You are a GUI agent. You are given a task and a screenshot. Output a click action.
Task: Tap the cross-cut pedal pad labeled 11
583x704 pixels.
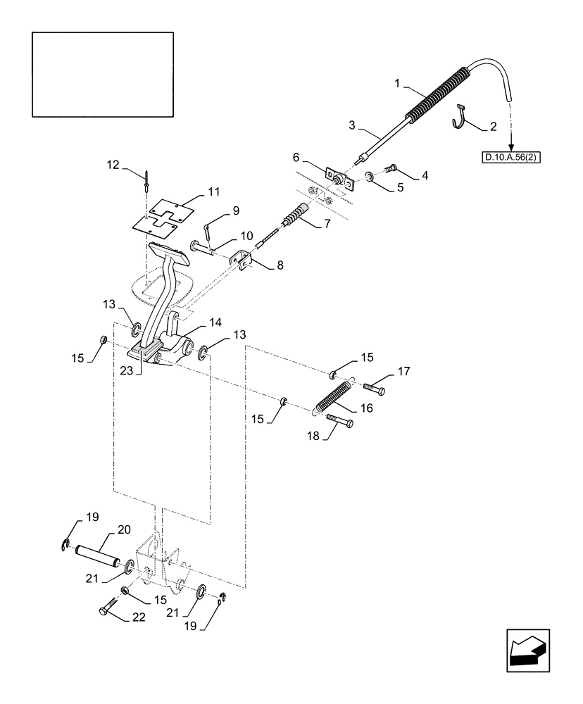pyautogui.click(x=165, y=218)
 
